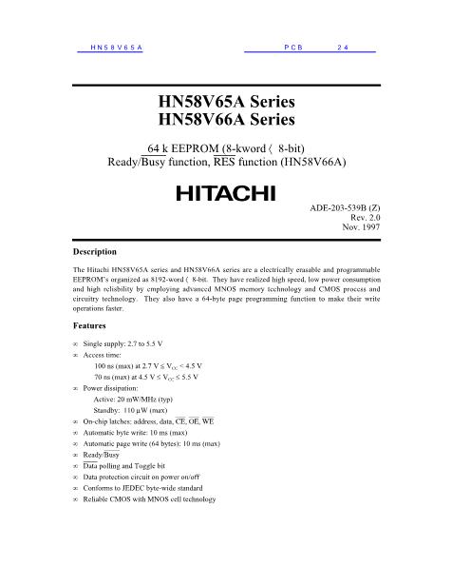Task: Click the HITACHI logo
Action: click(225, 193)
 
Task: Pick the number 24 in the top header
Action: click(344, 48)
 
